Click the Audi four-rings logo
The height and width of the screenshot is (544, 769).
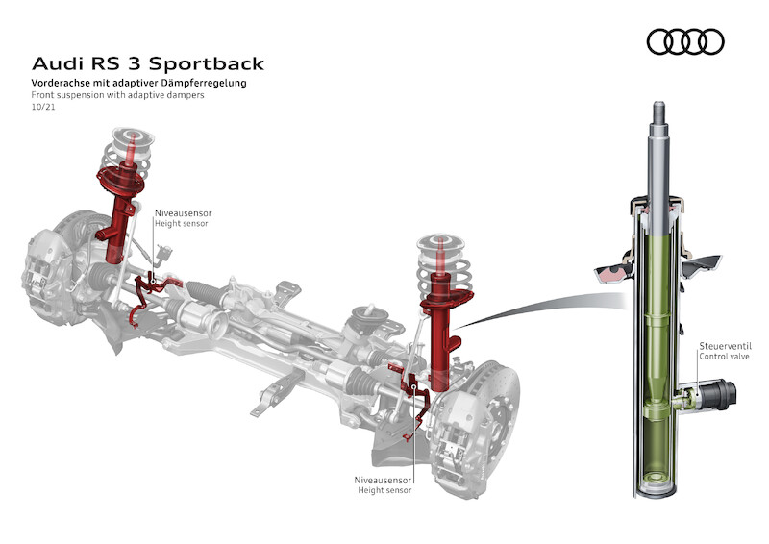(685, 41)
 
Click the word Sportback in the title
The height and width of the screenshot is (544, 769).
(205, 64)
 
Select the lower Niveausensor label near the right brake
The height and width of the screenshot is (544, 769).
(383, 478)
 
